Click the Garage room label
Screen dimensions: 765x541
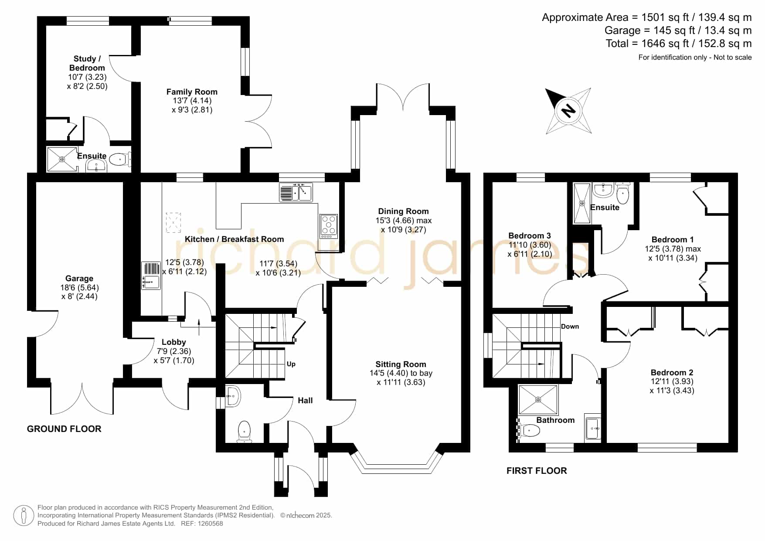[x=79, y=278]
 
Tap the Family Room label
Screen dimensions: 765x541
[x=192, y=92]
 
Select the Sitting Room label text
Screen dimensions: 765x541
[x=401, y=364]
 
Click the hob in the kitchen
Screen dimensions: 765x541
[x=329, y=226]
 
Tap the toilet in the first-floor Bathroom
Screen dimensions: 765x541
[x=528, y=431]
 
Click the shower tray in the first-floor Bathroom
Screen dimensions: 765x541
[x=538, y=399]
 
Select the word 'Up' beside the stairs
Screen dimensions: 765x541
[x=291, y=364]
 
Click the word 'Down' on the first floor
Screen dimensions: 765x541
[x=570, y=327]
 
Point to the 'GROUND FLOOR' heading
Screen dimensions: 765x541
[x=64, y=429]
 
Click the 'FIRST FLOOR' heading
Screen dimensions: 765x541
[x=537, y=471]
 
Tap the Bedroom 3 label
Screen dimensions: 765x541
[x=530, y=236]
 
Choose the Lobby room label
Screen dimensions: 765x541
[x=174, y=342]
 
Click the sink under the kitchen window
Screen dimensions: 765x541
[x=296, y=193]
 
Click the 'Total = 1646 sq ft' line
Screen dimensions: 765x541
[x=679, y=44]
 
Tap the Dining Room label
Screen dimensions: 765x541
[x=404, y=211]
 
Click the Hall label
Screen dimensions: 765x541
[x=306, y=401]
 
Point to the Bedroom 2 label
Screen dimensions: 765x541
[x=672, y=372]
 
